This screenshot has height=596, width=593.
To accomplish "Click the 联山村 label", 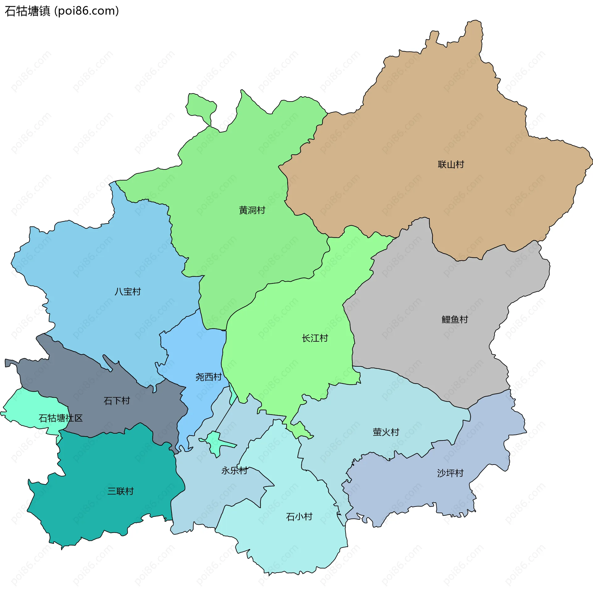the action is [451, 165].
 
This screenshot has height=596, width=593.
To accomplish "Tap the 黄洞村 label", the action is [252, 210].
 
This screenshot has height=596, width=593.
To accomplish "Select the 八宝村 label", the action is [128, 292].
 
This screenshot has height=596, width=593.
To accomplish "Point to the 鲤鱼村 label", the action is [455, 319].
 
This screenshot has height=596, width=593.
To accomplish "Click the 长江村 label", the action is [315, 338].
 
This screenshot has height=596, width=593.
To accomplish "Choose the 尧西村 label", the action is [208, 377].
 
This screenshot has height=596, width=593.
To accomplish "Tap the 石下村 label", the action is [117, 401].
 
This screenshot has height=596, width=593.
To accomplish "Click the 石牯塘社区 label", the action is [61, 418].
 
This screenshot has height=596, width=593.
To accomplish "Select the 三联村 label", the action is [120, 491].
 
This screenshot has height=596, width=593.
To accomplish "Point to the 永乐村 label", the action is [234, 471].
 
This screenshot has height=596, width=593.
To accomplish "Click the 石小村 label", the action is [299, 517].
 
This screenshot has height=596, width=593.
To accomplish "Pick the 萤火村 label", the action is [386, 432].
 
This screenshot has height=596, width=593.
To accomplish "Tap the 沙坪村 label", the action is [450, 473].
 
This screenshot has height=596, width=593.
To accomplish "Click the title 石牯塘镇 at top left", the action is [27, 11].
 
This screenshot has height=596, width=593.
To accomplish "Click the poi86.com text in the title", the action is [86, 11].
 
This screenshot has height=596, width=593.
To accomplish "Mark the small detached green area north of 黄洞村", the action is [200, 106].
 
